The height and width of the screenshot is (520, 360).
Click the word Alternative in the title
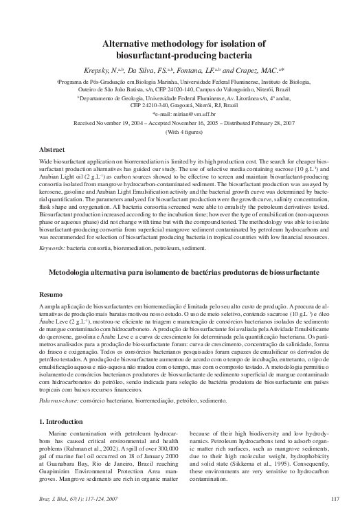click(128, 43)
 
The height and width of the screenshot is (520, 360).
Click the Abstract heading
click(52, 149)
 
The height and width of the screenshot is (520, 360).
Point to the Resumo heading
click(51, 291)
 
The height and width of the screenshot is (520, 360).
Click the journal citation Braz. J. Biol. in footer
click(58, 498)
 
